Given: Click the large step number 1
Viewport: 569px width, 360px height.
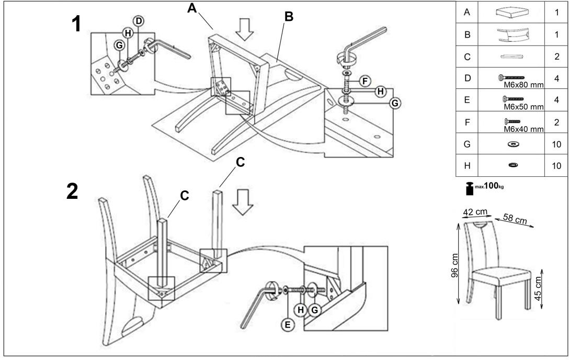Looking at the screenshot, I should coord(76,24).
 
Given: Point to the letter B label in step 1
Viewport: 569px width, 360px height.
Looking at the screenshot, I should coord(288,17).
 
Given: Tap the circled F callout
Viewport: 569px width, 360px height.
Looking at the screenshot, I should coord(365,81).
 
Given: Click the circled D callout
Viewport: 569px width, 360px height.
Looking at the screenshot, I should coord(139,21).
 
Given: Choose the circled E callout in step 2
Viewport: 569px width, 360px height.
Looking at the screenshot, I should coord(286,324).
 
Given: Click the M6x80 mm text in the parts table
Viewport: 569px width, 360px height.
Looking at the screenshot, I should coord(524,84).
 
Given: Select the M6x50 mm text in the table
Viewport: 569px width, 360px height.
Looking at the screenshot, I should coord(524,107).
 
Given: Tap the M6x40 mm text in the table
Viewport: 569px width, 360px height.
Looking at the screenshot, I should coord(524,129).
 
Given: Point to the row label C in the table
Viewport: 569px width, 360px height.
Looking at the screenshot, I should coord(466,57).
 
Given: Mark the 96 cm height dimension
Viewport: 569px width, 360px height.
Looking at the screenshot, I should coord(455,264).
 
